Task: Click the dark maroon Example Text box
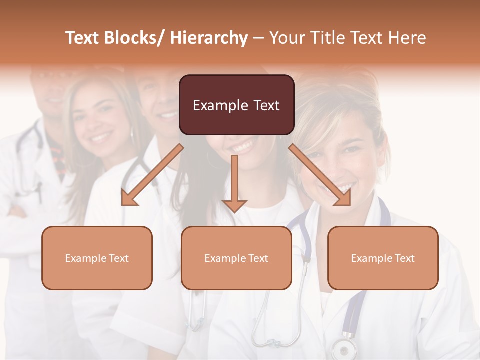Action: pos(236,105)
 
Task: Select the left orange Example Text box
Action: pos(97,258)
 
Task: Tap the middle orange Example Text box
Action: pos(236,258)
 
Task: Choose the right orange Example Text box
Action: pos(383,258)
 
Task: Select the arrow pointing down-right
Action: pos(320,175)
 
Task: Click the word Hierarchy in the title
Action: pos(209,38)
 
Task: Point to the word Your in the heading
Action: pos(286,38)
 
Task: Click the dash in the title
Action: pos(258,38)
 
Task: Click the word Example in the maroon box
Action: pos(213,105)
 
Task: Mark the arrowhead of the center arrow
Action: pos(234,205)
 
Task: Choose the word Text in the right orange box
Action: pos(404,258)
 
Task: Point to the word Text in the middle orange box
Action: pos(258,258)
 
